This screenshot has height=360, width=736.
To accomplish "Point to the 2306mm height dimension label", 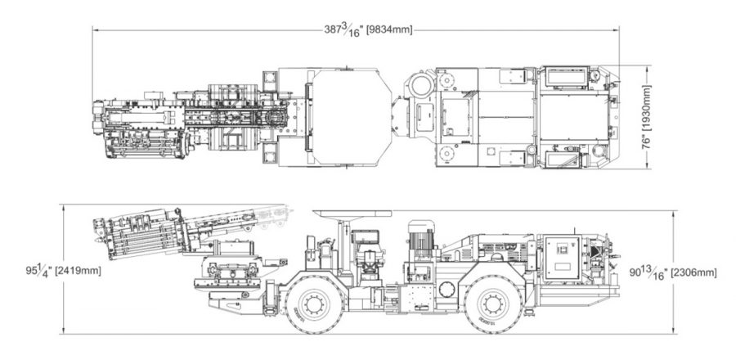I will click(x=693, y=271).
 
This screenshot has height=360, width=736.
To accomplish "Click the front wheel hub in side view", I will click(x=312, y=303).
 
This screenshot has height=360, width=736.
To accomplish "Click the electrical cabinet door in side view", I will click(x=563, y=254).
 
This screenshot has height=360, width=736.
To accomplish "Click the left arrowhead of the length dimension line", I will click(x=94, y=30).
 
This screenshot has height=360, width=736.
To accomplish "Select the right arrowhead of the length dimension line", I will click(x=618, y=30).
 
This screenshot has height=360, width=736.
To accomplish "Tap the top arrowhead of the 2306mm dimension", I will click(x=673, y=214).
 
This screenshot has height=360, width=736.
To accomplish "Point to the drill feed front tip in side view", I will click(x=96, y=226).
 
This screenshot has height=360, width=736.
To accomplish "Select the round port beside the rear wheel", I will click(x=447, y=289).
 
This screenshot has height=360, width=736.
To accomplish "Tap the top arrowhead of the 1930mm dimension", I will click(x=652, y=68).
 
